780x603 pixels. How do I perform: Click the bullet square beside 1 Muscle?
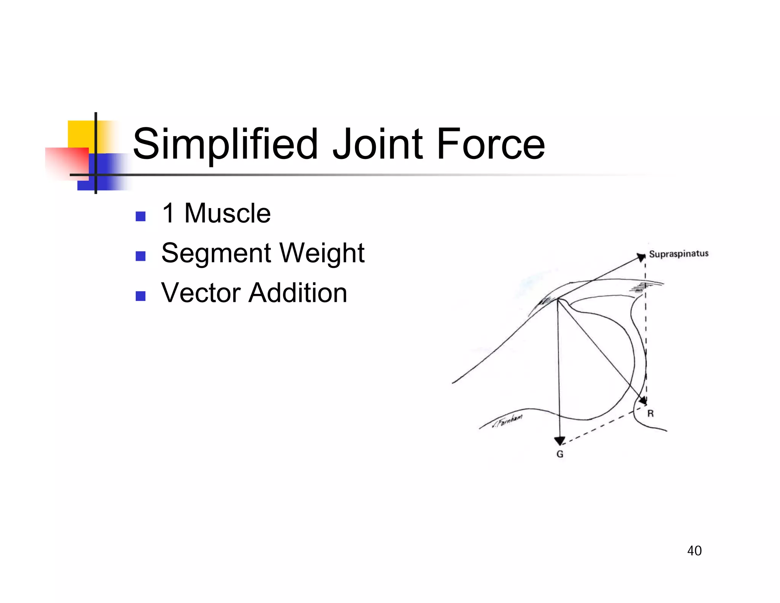(x=141, y=217)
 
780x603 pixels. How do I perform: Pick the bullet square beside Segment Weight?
(x=141, y=256)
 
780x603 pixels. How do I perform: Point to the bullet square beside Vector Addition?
(x=141, y=296)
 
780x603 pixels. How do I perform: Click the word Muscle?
(x=227, y=213)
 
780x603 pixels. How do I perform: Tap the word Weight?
(x=322, y=253)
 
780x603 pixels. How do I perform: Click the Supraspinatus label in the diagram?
(x=678, y=254)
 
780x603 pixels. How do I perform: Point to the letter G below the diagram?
(x=560, y=454)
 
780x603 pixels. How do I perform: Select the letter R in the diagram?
(x=651, y=414)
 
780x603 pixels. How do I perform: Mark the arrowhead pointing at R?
(x=643, y=401)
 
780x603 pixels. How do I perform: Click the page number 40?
(x=694, y=551)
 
